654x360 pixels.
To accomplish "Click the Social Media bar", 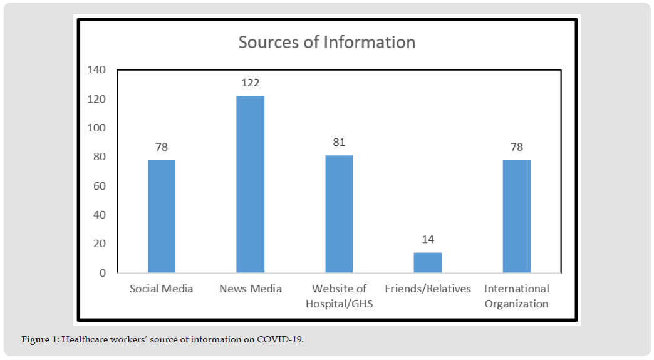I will coord(162,216).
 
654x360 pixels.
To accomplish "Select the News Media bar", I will coord(250,184).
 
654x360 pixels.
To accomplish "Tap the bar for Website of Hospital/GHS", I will coord(339,213).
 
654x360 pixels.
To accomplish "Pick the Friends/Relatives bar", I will coord(428,262).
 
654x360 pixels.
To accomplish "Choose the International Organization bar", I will coord(517,216).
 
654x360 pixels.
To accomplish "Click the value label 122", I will coord(250,83).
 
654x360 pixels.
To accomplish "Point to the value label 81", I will coord(339,142).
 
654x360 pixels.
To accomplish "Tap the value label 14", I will coord(428,239).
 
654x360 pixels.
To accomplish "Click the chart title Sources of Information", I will coord(326,43).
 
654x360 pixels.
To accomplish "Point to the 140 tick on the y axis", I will coord(97,69).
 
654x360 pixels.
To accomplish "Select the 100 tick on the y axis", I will coord(97,128).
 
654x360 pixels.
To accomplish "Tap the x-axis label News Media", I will coord(250,289).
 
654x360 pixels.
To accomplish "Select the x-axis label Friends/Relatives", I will coord(428,289).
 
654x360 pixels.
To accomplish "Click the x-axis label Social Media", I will coord(162,289).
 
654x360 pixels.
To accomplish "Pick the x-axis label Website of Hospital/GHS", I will coord(339,296).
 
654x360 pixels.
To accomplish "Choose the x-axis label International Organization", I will coord(517,296).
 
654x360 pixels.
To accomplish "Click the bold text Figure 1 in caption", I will coord(40,340).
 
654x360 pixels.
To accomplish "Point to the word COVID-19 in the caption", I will coord(284,340).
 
